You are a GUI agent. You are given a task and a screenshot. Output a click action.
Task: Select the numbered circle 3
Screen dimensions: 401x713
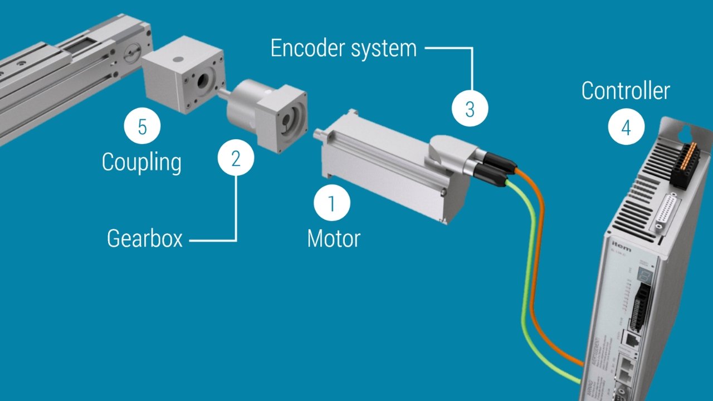click(470, 109)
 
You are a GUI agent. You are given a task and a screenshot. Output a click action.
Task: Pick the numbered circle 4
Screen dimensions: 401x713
click(626, 128)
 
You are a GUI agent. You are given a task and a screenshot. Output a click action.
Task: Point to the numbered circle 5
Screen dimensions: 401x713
click(142, 127)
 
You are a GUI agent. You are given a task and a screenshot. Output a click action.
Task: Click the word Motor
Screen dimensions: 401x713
click(334, 238)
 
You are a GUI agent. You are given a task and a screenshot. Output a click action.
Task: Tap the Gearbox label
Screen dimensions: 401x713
click(145, 238)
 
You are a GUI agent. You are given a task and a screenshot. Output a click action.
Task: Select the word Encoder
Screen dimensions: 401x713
click(307, 48)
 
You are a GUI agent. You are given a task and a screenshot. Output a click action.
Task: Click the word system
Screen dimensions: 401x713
click(384, 49)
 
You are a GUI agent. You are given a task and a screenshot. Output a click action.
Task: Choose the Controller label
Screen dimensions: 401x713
click(626, 91)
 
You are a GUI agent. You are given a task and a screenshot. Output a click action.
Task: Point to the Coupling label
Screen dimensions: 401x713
click(141, 163)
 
